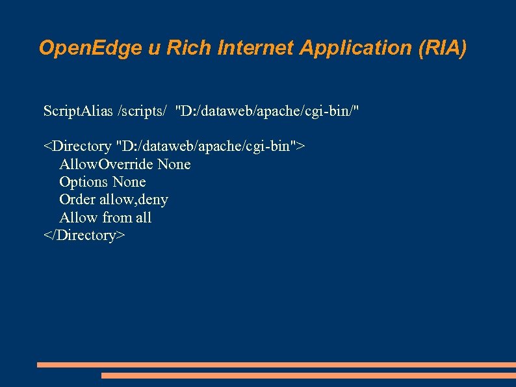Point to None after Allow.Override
(x=174, y=165)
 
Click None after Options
(x=129, y=182)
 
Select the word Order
(x=77, y=200)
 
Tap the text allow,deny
(x=133, y=200)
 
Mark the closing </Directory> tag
(x=84, y=235)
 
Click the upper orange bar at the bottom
(x=276, y=365)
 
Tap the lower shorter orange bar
(x=308, y=375)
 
